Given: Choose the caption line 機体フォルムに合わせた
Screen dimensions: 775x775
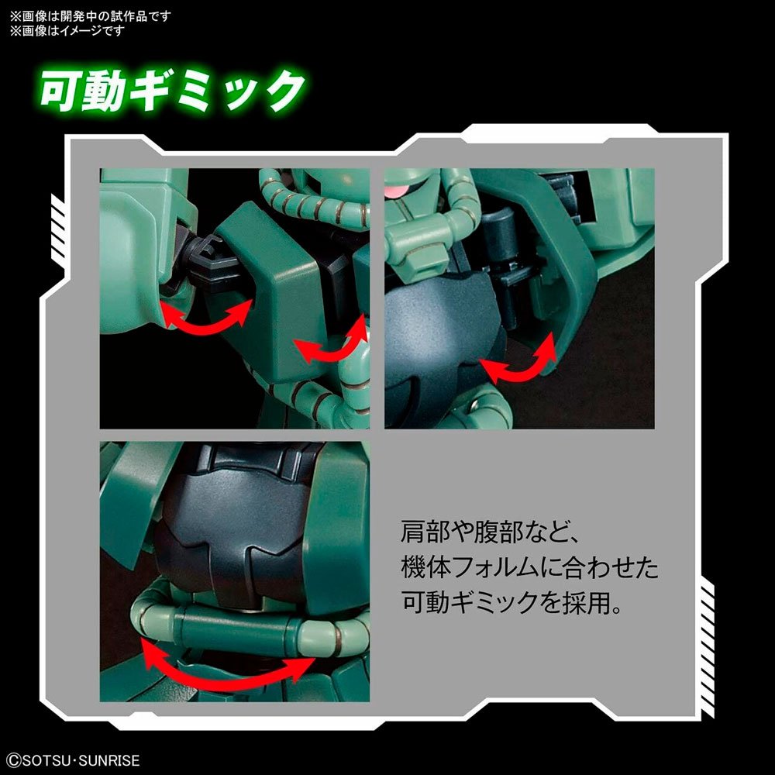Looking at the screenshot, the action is coord(529,567).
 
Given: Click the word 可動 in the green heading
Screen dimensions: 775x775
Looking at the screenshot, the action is coord(82,90).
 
